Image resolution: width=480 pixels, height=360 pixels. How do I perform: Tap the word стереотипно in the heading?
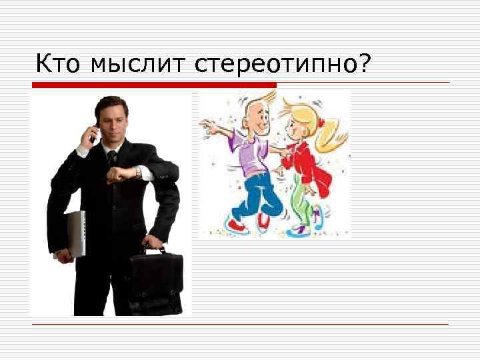[275, 64]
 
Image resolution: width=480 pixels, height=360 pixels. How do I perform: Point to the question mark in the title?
[365, 63]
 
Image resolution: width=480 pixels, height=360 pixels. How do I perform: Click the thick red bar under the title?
[154, 85]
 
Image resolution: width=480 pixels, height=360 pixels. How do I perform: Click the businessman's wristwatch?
[138, 172]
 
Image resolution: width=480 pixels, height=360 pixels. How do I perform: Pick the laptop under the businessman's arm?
[75, 233]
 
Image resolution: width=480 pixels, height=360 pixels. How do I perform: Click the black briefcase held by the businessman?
[155, 283]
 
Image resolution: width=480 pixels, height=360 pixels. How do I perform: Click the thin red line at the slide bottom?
[240, 324]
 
